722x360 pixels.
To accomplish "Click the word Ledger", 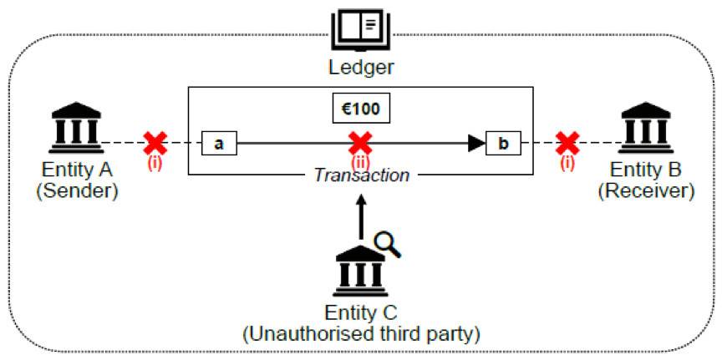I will click(x=361, y=67).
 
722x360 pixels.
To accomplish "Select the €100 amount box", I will click(x=361, y=109).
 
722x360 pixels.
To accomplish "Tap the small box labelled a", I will click(x=219, y=143).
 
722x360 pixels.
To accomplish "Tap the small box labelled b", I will click(x=503, y=143).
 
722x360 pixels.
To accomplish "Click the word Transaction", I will click(x=361, y=175).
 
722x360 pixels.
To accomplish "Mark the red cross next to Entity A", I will click(x=155, y=143).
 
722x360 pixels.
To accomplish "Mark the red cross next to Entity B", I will click(x=568, y=143).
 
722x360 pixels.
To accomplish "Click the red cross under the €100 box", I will click(x=360, y=141).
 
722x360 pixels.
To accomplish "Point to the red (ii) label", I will click(x=360, y=162).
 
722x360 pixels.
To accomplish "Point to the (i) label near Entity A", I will click(x=155, y=162).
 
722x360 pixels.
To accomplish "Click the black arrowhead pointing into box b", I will click(x=475, y=143).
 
